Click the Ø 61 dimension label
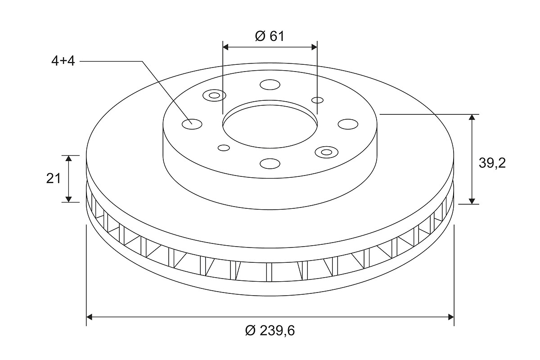(270, 36)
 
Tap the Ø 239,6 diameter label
(270, 331)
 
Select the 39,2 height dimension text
(492, 163)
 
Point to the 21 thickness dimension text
(54, 179)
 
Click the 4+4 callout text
(63, 61)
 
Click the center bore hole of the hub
(270, 126)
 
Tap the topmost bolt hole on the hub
(270, 85)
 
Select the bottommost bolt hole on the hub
(270, 164)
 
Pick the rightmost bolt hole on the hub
(348, 124)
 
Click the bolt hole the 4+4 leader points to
(192, 124)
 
